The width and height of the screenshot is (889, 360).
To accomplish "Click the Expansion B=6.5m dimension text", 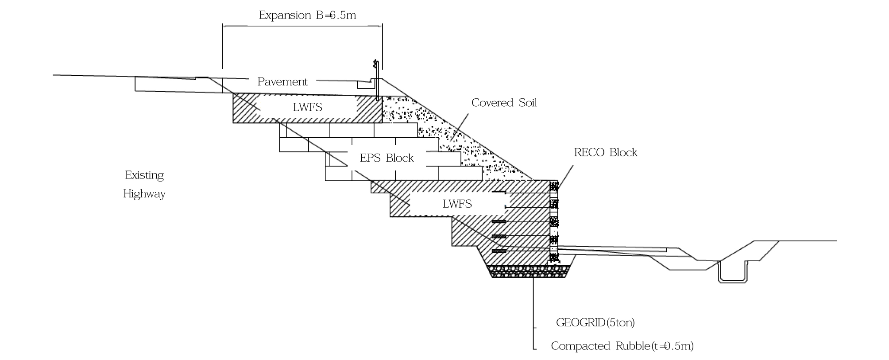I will point(307,15).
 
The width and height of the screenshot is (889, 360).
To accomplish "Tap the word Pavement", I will point(282,82).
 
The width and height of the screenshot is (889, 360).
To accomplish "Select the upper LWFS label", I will point(307,107).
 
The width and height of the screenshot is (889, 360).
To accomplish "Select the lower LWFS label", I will point(457,204).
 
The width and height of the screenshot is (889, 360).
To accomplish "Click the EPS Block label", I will point(387,158).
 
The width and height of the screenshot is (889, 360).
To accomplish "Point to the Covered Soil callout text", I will point(504,103).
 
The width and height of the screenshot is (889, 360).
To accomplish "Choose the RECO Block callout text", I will point(605,153).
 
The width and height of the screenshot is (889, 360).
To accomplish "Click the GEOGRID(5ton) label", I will point(595,323).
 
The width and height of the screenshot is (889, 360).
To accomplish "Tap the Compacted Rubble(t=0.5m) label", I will point(622,346).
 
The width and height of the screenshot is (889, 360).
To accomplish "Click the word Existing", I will point(144,175).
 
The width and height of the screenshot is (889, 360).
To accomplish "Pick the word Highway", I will point(144,194).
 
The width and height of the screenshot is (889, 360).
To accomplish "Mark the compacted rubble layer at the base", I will point(530,271).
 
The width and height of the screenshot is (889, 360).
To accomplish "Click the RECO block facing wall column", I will point(553,221).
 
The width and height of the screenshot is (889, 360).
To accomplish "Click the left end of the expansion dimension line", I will point(223,26).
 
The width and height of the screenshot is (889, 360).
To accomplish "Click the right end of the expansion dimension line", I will point(383,26).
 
